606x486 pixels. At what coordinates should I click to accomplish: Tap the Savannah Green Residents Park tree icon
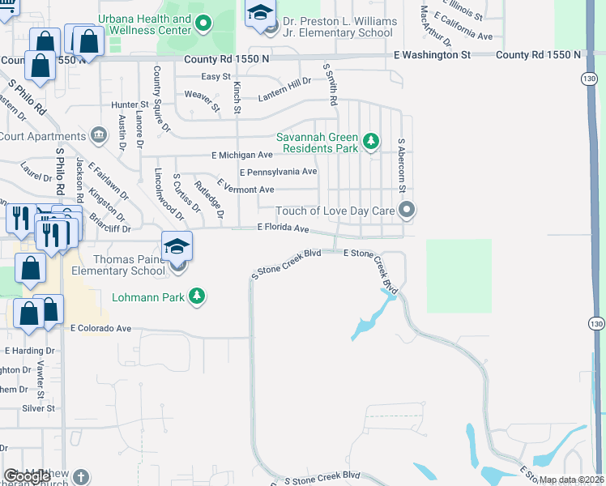[x=371, y=142]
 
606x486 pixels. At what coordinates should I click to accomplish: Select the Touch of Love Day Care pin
[x=408, y=211]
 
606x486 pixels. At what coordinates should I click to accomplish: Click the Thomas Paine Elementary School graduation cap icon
[x=177, y=247]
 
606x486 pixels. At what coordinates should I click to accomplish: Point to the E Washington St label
[x=432, y=54]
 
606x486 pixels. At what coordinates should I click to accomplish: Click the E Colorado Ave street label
[x=100, y=329]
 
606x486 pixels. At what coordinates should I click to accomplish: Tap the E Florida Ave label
[x=284, y=228]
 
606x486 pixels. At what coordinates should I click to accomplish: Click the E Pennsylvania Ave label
[x=278, y=172]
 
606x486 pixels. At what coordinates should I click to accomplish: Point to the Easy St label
[x=216, y=77]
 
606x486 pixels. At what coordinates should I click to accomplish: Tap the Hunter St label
[x=130, y=104]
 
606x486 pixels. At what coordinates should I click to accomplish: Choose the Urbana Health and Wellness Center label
[x=145, y=24]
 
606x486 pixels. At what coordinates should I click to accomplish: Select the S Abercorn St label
[x=401, y=164]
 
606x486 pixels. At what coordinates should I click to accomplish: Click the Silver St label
[x=38, y=408]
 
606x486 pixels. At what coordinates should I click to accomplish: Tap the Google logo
[x=27, y=476]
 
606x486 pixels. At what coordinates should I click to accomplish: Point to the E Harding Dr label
[x=29, y=351]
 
